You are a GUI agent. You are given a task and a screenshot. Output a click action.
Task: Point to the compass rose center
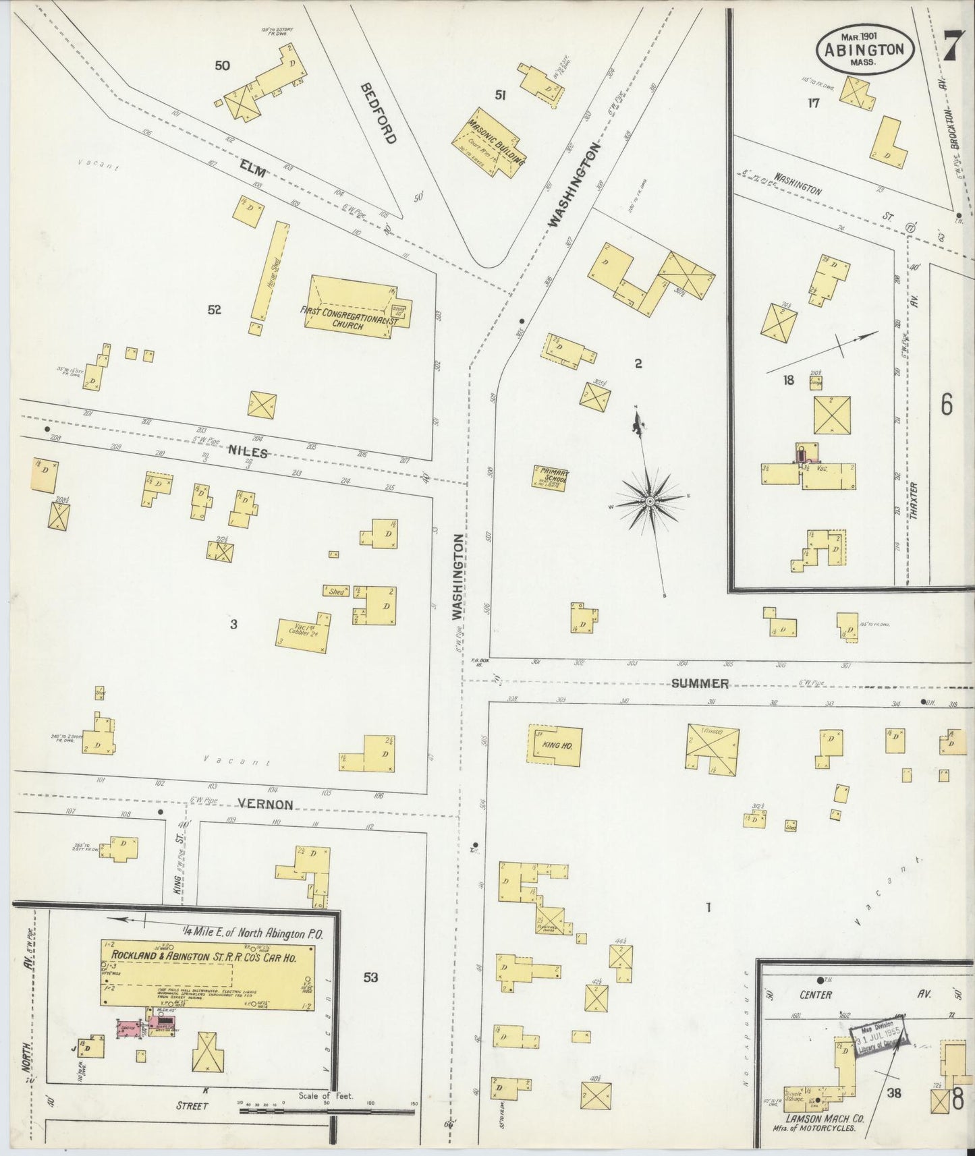[649, 501]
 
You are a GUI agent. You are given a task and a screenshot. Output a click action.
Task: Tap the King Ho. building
[554, 745]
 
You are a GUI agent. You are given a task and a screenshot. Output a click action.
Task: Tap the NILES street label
[248, 453]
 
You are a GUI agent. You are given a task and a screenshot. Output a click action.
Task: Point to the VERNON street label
[265, 805]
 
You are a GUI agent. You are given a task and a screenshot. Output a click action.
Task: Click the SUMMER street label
[700, 683]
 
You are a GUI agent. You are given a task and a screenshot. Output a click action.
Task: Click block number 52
[215, 310]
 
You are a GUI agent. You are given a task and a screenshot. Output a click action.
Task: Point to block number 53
[370, 977]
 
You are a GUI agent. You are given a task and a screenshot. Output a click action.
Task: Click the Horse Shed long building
[268, 273]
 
